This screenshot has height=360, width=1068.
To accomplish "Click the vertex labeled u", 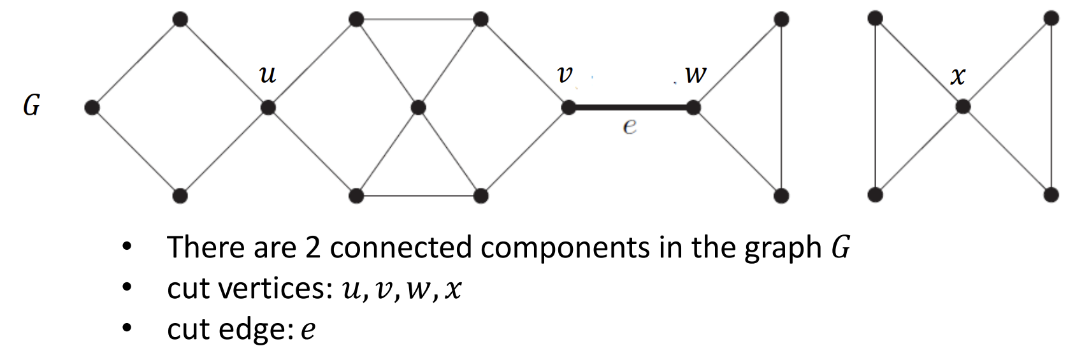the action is [268, 108].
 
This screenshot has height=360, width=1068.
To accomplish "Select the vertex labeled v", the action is [568, 107].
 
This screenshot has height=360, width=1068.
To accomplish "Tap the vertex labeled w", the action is [693, 107].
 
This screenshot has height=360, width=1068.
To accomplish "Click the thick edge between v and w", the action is [631, 107].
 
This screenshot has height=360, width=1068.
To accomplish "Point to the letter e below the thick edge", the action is [630, 126].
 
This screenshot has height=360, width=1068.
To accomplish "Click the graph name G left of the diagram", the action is [31, 105].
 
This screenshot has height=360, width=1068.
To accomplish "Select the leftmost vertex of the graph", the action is [92, 107].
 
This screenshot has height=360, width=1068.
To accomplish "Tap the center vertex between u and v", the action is [418, 108].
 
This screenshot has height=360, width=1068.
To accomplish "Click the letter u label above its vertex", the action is [268, 75].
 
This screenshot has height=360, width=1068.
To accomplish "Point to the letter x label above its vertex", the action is [958, 76].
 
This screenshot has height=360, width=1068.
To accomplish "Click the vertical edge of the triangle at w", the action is [781, 107].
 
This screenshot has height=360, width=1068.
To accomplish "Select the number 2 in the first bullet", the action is [313, 248].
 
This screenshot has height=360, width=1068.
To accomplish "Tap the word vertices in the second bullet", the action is [278, 289].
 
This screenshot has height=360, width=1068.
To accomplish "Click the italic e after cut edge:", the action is [308, 329].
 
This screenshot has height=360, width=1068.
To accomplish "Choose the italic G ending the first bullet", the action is [841, 247].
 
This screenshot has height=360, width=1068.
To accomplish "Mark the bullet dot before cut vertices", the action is [126, 287].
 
